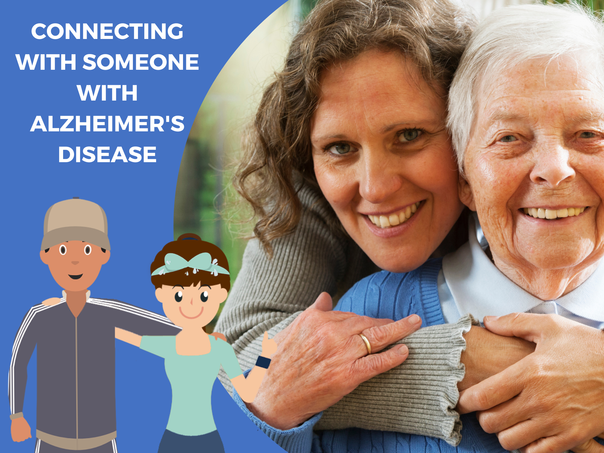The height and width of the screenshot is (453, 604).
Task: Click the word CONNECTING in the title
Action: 107,31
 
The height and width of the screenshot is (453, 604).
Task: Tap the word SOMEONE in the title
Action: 141,62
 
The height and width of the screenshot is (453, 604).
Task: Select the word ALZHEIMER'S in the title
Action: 107,124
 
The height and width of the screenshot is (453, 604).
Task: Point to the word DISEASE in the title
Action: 107,155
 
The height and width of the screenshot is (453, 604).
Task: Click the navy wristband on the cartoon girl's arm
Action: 263,362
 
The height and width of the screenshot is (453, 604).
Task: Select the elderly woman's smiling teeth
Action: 553,213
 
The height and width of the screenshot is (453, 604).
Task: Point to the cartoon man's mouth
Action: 75,276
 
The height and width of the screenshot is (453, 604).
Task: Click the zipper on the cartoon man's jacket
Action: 77,377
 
